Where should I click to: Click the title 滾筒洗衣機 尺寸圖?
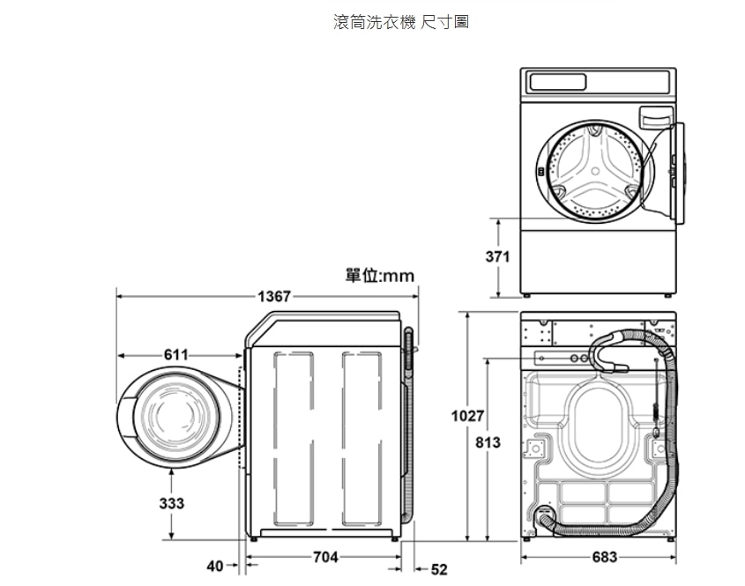[401, 22]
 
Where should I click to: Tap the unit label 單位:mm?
[380, 276]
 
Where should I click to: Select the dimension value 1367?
[273, 296]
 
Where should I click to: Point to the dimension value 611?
[175, 355]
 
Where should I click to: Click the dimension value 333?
[172, 503]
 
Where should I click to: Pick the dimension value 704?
[325, 557]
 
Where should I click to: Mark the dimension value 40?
[215, 566]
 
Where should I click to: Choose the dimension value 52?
[439, 569]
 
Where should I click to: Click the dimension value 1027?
[467, 416]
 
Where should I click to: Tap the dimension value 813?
[488, 442]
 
